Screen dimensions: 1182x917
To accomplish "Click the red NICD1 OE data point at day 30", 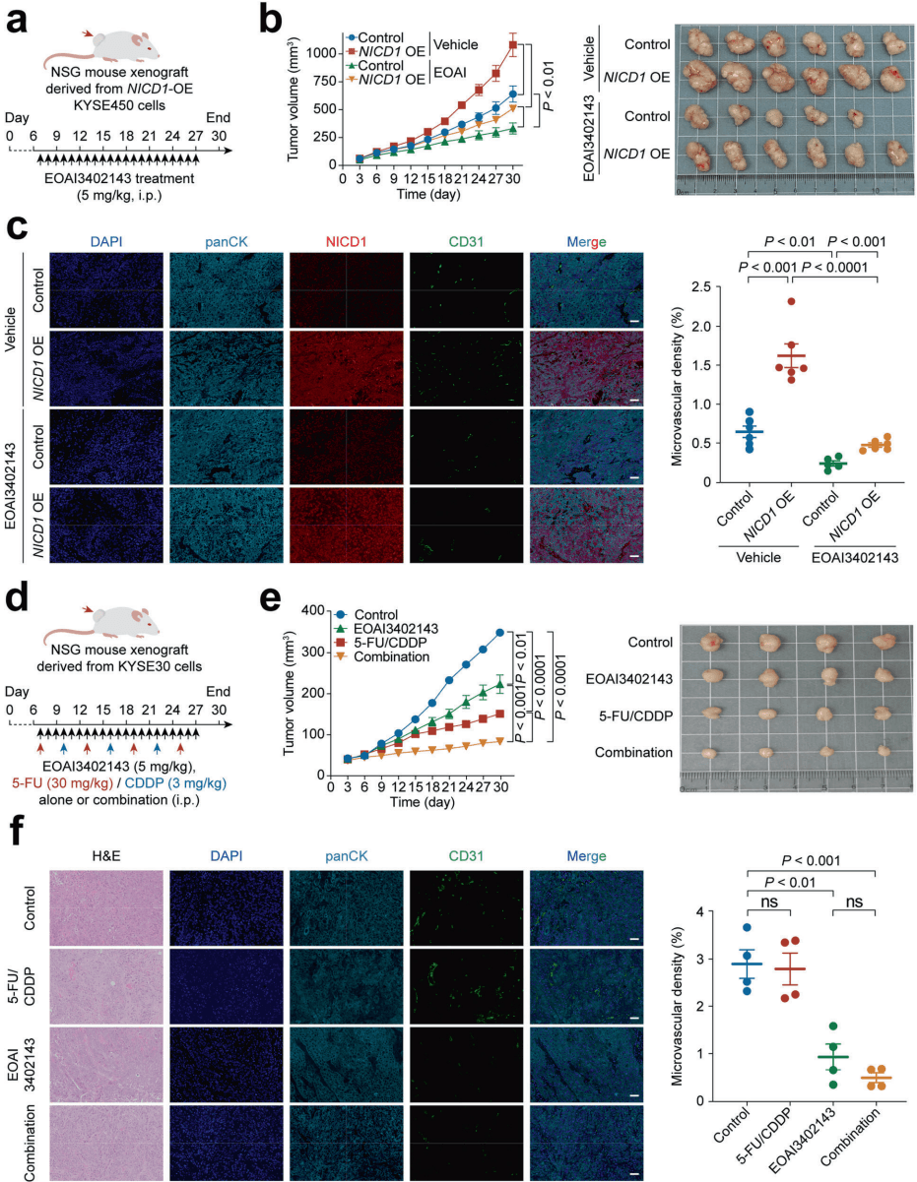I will point(512,44).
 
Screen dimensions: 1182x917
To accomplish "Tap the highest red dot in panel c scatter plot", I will point(762,301).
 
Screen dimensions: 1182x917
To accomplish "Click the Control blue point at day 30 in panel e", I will point(500,632).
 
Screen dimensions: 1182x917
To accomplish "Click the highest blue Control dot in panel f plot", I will point(748,928).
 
